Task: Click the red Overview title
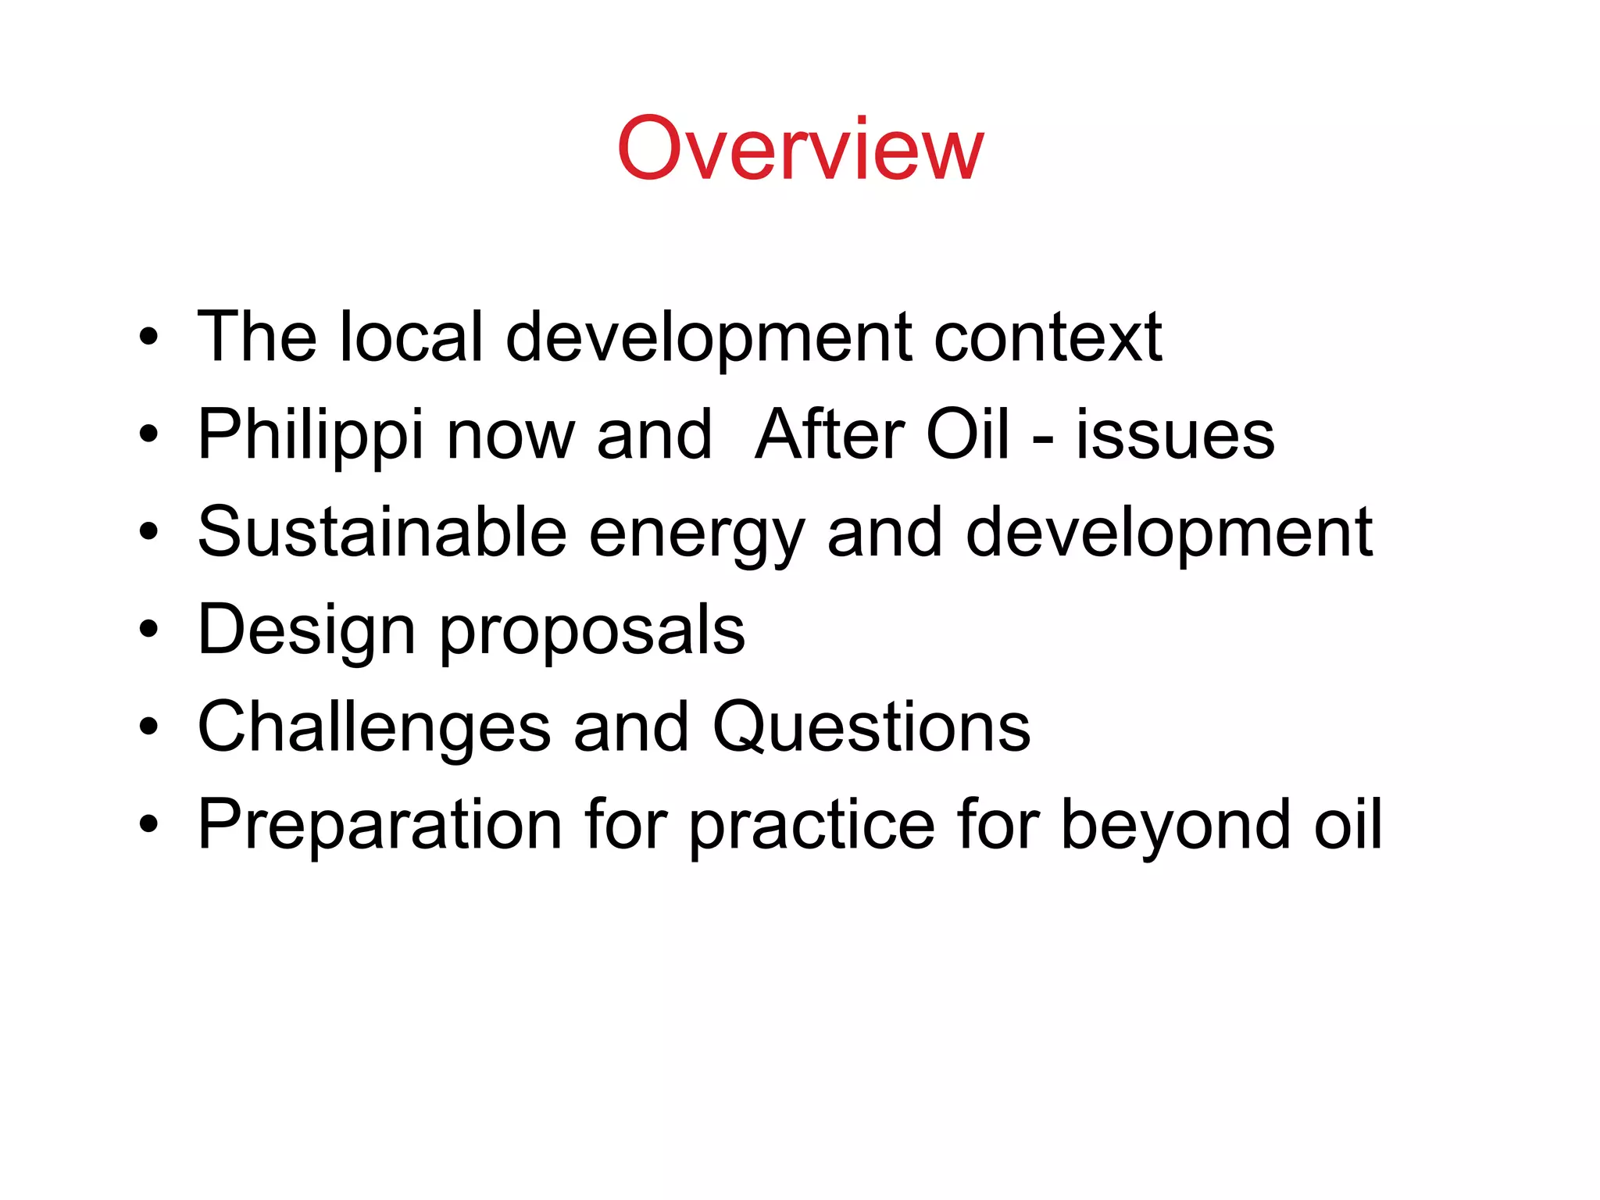(800, 148)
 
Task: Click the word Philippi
(311, 436)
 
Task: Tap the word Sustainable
(382, 533)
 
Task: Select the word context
(1048, 337)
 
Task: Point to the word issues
(1175, 436)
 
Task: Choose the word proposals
(592, 631)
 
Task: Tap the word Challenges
(374, 728)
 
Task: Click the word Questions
(871, 728)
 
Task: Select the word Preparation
(380, 825)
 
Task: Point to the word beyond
(1176, 825)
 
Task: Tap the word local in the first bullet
(412, 337)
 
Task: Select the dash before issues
(1042, 438)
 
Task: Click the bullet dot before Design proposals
(148, 630)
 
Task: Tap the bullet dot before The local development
(148, 337)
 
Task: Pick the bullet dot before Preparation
(148, 825)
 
